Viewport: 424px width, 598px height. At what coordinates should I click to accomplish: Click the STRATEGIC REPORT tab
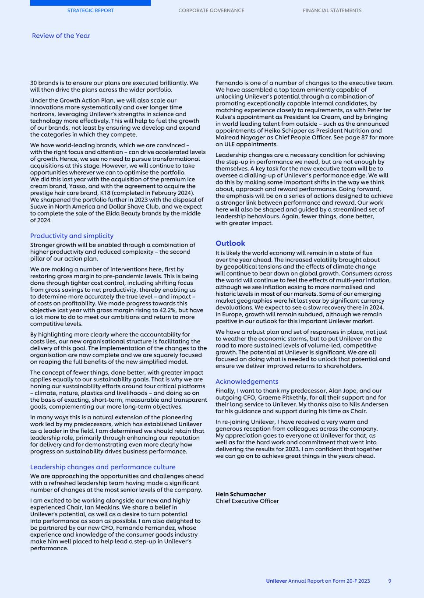90,11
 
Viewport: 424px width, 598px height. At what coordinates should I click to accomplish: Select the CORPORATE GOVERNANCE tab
211,11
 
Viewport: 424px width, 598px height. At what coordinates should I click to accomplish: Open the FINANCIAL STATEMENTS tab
332,11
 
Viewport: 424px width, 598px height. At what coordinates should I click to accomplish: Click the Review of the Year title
61,36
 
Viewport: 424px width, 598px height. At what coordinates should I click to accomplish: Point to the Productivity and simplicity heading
71,236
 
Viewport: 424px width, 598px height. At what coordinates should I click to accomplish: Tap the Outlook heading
230,243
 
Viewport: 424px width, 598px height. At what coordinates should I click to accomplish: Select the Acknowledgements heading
247,382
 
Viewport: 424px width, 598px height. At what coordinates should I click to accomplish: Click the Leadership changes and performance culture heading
102,467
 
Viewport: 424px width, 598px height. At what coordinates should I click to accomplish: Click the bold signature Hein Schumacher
240,494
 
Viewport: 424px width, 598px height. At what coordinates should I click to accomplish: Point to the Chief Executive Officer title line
247,501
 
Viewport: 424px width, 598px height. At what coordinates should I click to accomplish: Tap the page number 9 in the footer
389,581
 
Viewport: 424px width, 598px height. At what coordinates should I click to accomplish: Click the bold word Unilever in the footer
276,581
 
